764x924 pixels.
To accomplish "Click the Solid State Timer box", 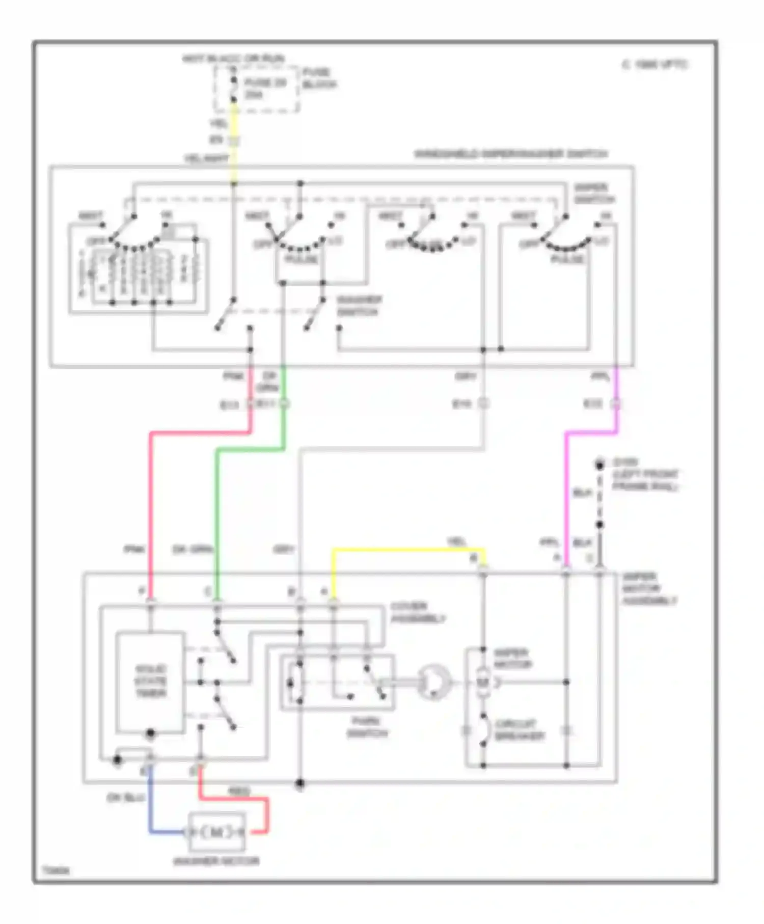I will (150, 682).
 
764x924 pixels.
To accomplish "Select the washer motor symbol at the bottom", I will (217, 832).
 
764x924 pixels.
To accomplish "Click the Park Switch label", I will (367, 727).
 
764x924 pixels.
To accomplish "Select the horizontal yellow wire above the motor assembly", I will (407, 550).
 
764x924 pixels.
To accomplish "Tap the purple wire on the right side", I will (566, 499).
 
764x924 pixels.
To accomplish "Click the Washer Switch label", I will (359, 306).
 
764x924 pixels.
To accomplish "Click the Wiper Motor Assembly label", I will (649, 589).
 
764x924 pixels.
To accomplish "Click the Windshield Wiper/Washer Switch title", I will (511, 154).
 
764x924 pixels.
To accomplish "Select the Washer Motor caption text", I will (216, 861).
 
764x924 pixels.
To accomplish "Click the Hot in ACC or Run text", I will (233, 59).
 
